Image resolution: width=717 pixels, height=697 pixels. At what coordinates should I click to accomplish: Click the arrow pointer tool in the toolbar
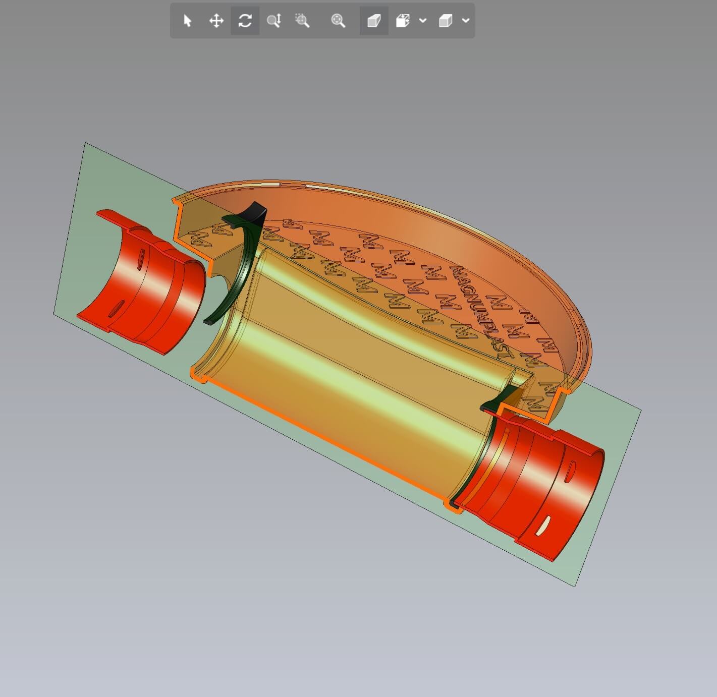(x=187, y=21)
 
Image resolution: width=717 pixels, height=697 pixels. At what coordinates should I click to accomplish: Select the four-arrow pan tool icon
(x=216, y=21)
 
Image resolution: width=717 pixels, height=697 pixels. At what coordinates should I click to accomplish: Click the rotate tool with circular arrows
(x=245, y=21)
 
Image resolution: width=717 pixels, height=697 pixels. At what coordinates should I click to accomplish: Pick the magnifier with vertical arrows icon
(x=273, y=21)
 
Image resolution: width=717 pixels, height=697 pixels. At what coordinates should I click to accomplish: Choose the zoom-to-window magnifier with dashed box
(x=302, y=21)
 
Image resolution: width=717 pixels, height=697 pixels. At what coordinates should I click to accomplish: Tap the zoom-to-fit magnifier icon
(x=338, y=21)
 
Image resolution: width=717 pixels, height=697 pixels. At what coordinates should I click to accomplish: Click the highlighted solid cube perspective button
(x=374, y=21)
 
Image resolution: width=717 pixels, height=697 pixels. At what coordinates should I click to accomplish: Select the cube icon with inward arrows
(x=403, y=21)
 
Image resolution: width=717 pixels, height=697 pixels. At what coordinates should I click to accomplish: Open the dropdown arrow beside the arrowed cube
(x=423, y=21)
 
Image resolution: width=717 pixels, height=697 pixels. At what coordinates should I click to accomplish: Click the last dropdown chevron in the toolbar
(x=466, y=21)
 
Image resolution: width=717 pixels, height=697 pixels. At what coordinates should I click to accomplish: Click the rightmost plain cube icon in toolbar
(x=445, y=21)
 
